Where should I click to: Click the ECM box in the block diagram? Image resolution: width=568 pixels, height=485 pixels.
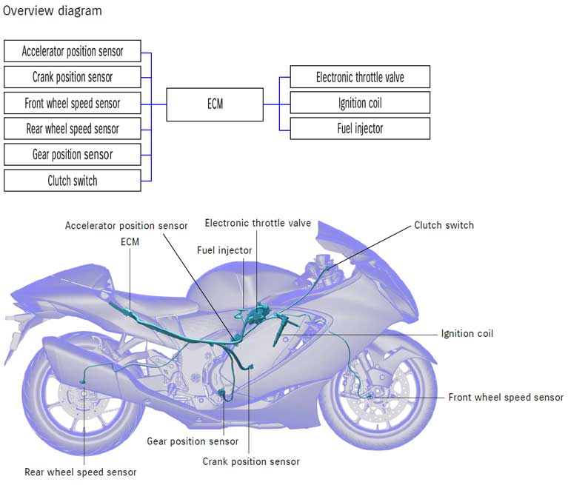click(x=215, y=104)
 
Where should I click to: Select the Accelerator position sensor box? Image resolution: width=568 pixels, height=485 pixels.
click(x=72, y=52)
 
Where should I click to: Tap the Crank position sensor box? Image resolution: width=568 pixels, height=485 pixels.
click(x=72, y=77)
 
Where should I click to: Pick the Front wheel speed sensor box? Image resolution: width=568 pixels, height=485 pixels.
click(x=72, y=103)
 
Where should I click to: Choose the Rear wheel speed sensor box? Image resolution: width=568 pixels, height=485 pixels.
click(x=72, y=129)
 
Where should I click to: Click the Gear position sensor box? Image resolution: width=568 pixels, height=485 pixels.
click(x=72, y=155)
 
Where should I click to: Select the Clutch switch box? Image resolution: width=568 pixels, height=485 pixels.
click(x=72, y=181)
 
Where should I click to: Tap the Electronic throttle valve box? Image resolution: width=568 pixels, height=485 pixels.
click(x=360, y=77)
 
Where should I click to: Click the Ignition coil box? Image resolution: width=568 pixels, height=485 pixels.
click(x=360, y=103)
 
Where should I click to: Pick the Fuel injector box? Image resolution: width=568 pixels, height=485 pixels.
click(x=360, y=129)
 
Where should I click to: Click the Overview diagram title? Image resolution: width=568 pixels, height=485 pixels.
click(x=53, y=11)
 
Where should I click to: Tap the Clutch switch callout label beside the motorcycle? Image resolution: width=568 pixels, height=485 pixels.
click(x=444, y=225)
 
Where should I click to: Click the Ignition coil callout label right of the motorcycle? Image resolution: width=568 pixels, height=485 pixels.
click(x=467, y=334)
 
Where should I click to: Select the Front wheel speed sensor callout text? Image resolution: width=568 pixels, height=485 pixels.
click(x=506, y=398)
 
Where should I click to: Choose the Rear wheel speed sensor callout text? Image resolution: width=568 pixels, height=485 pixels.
click(x=80, y=472)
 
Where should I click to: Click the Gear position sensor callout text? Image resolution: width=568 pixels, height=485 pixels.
click(x=193, y=441)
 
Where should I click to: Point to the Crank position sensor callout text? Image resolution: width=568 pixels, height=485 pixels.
click(x=251, y=461)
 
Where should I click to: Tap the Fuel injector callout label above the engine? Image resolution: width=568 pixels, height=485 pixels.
click(x=224, y=250)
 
